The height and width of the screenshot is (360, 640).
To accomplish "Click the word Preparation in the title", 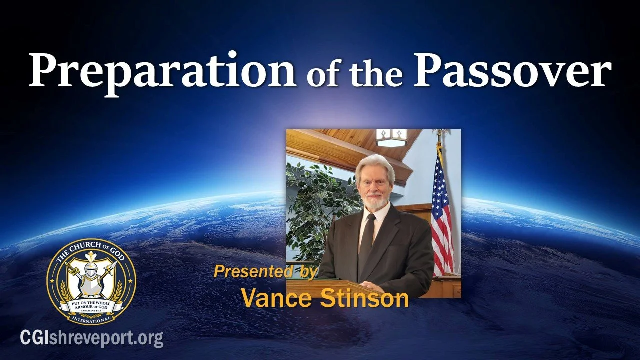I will point(162,70).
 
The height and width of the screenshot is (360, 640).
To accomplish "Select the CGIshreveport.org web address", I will point(92,338).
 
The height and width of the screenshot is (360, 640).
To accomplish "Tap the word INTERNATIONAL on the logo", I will point(91,317).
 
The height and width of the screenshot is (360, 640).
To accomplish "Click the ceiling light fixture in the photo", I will point(391,137).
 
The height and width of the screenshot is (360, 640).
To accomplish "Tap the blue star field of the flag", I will point(438,172).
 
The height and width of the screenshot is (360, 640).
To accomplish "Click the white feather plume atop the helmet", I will point(91,260).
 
